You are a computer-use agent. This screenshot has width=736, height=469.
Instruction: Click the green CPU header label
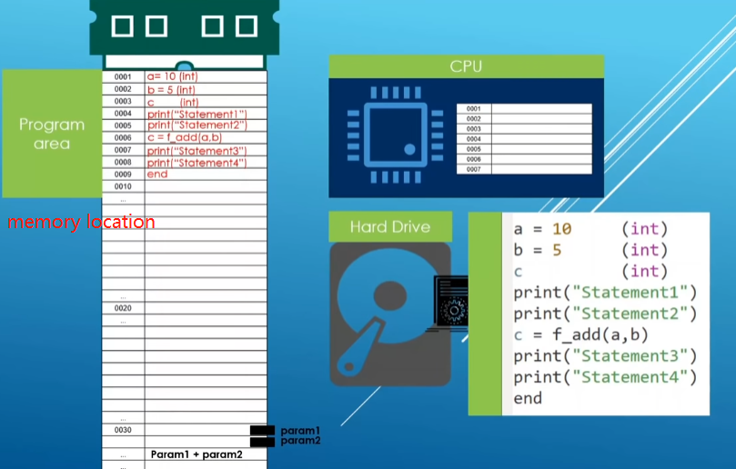pyautogui.click(x=466, y=66)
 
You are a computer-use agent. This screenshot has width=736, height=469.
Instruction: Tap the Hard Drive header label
pyautogui.click(x=389, y=226)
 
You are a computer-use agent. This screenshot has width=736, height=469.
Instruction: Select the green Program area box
pyautogui.click(x=52, y=133)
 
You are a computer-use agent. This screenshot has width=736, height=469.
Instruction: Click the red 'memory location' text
pyautogui.click(x=81, y=222)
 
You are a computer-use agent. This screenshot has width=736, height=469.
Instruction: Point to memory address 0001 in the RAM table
pyautogui.click(x=123, y=77)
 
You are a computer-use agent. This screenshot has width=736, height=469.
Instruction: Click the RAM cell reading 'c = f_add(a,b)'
pyautogui.click(x=185, y=137)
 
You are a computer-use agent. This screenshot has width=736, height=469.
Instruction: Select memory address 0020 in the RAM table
pyautogui.click(x=123, y=309)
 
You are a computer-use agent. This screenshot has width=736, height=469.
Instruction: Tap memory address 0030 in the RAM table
pyautogui.click(x=123, y=430)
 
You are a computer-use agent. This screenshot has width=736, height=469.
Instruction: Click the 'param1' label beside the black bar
pyautogui.click(x=300, y=430)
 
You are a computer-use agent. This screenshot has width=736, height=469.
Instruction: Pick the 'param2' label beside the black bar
pyautogui.click(x=300, y=441)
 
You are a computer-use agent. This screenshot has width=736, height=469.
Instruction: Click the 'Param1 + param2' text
pyautogui.click(x=197, y=454)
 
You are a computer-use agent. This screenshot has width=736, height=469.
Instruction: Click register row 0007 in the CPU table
pyautogui.click(x=473, y=169)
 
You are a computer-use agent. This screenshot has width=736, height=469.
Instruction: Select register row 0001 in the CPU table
pyautogui.click(x=473, y=109)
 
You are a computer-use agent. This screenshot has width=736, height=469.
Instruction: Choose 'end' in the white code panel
pyautogui.click(x=528, y=398)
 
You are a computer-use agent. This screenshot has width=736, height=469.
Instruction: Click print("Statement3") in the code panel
pyautogui.click(x=604, y=355)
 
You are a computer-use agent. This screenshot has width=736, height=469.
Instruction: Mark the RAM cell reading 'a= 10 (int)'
pyautogui.click(x=172, y=77)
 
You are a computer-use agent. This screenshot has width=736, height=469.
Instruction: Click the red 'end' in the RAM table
pyautogui.click(x=157, y=174)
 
